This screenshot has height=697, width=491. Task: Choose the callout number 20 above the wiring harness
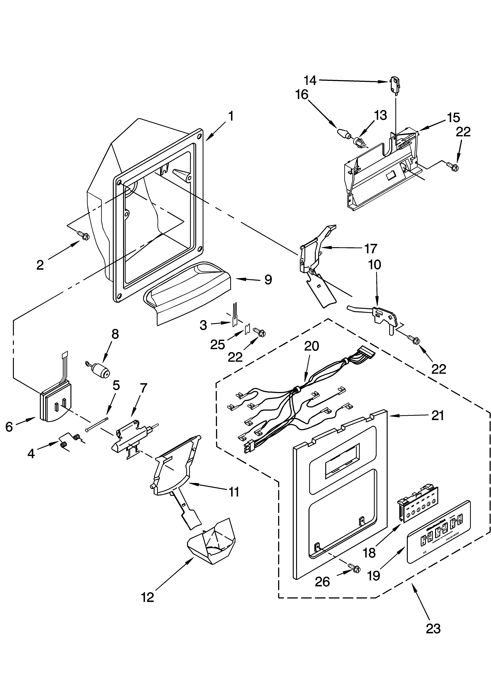pyautogui.click(x=312, y=346)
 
